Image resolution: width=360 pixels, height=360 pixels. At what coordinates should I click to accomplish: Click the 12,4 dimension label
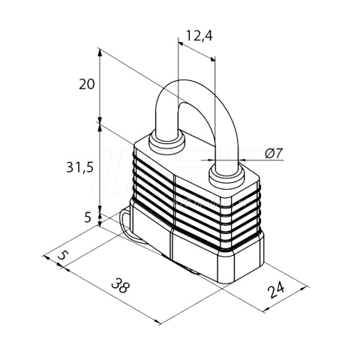(199, 36)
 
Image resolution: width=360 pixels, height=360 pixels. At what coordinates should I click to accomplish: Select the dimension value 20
(87, 84)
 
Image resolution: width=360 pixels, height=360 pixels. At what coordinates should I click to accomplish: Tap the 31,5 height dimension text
(79, 167)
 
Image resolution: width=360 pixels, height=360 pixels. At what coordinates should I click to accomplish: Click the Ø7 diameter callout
(274, 153)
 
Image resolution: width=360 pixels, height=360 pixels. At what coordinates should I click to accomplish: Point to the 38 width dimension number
(121, 286)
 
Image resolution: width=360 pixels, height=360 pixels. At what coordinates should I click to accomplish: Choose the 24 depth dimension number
(276, 289)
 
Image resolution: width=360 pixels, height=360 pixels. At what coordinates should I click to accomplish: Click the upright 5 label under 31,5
(87, 217)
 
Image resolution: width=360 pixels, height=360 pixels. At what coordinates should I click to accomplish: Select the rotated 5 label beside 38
(62, 256)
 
